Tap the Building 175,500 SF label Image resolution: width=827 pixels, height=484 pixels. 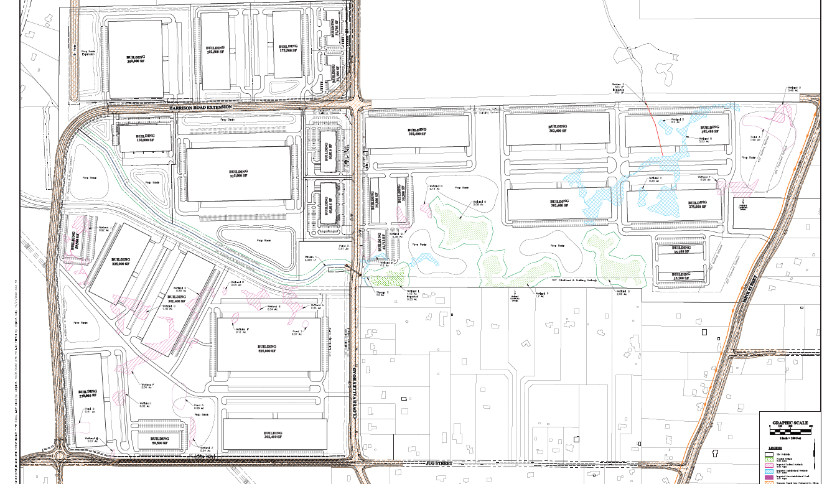tap(287, 48)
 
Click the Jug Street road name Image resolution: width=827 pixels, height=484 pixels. tap(434, 463)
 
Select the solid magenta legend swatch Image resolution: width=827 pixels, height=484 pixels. tap(769, 476)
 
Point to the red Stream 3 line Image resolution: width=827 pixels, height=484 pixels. tap(655, 131)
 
